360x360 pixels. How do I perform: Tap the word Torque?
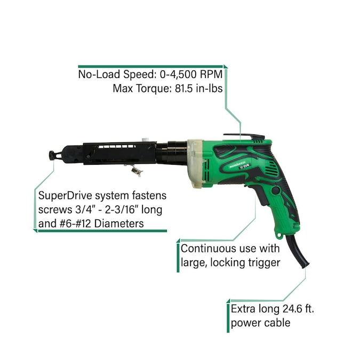click(143, 88)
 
